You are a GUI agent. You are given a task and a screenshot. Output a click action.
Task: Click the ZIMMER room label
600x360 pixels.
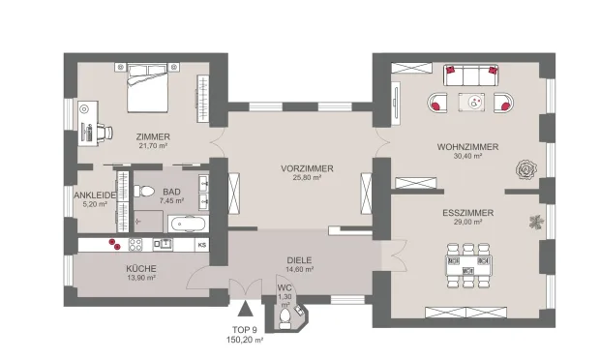153,136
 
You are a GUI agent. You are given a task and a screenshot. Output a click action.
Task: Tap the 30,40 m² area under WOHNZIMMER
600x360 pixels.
467,156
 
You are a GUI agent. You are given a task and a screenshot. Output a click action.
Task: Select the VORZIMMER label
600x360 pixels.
307,168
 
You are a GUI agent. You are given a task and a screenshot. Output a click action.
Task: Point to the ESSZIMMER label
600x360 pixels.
467,213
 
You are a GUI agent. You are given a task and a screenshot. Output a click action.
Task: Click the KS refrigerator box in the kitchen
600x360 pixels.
202,245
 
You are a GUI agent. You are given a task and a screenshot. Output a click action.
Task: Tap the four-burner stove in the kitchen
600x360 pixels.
135,245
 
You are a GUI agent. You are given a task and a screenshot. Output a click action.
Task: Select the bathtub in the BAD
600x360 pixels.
189,224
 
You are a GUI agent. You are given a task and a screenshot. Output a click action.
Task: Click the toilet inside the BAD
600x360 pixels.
143,191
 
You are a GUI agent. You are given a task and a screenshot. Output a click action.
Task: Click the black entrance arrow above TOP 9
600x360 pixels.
245,309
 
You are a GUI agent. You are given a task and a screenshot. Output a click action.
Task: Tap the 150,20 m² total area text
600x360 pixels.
245,340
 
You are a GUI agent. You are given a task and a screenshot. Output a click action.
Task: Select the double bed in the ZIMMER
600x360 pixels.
147,88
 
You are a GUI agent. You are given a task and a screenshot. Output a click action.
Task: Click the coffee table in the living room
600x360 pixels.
471,103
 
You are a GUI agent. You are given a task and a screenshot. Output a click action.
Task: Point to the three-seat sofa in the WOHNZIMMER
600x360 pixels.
471,75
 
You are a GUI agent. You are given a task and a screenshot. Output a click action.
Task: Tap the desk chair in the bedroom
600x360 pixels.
105,133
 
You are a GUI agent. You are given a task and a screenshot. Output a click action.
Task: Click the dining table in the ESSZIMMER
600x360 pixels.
468,266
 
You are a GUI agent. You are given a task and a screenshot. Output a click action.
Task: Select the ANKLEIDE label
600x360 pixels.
95,195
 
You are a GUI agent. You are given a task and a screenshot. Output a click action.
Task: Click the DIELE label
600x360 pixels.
299,260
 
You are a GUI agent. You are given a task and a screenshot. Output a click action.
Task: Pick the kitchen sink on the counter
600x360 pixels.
163,245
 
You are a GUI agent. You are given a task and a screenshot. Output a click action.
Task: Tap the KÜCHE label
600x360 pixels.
141,269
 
